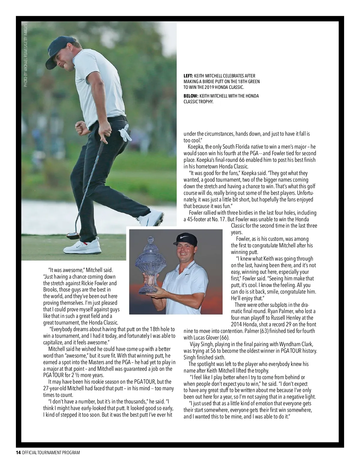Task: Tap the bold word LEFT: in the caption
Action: tap(188, 76)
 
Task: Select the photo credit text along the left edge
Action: tap(26, 56)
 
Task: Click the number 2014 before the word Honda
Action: tap(236, 324)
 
